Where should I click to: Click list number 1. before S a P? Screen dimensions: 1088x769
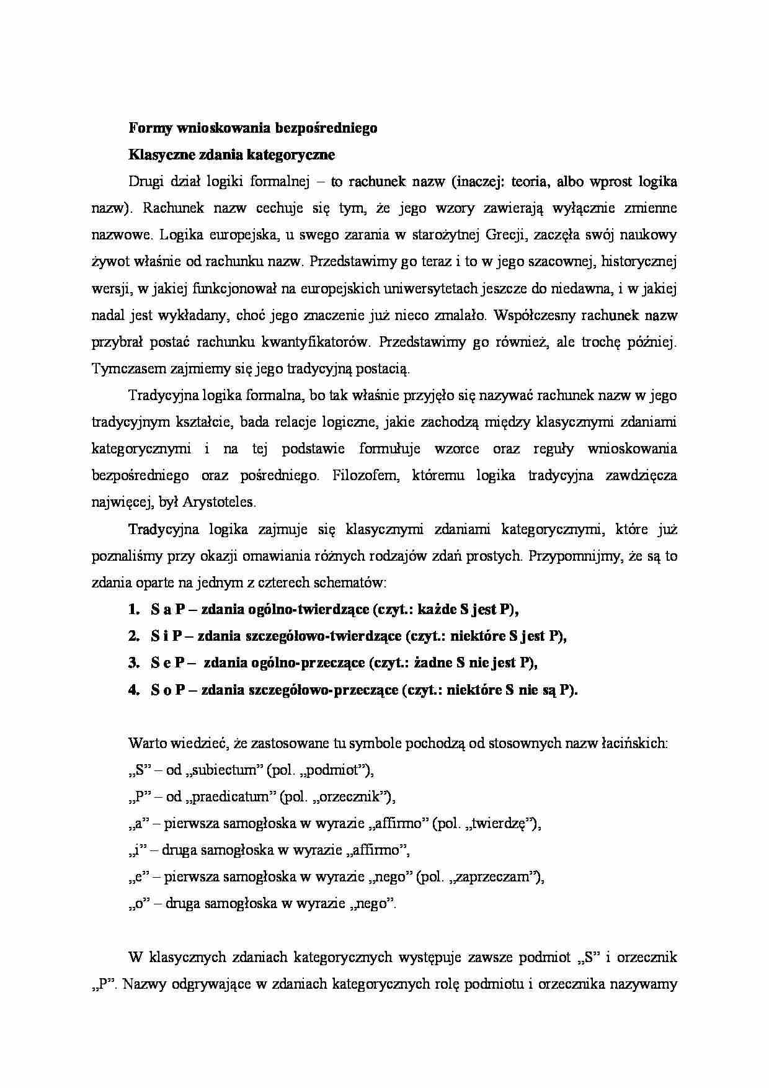click(135, 609)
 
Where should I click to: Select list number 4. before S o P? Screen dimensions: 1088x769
click(135, 690)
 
